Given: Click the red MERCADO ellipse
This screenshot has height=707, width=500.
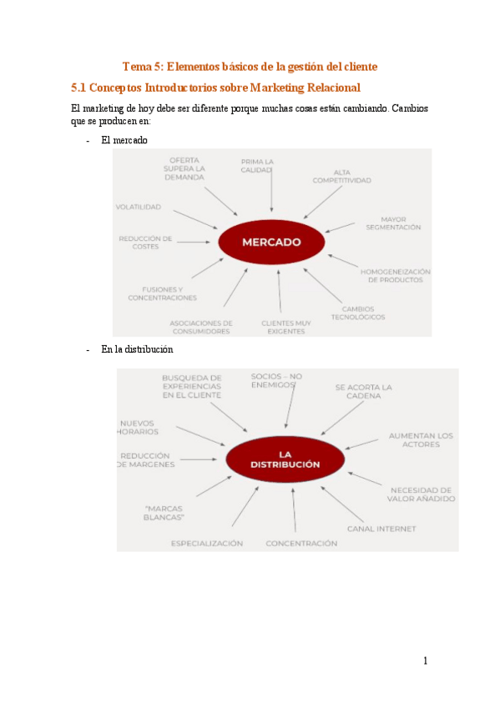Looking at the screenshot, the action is [x=271, y=243].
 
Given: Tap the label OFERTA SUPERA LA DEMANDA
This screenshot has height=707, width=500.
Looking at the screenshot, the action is [x=184, y=168].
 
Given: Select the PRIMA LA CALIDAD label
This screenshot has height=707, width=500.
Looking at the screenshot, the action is [x=258, y=165].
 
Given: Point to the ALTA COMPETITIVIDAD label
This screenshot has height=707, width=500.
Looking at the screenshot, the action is [x=341, y=176].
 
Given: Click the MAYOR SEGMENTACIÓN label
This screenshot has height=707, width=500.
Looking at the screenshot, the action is [x=392, y=223].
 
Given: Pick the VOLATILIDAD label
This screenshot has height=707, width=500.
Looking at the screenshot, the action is [x=139, y=207].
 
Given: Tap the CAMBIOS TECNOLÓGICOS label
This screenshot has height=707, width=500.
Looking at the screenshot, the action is [x=357, y=313].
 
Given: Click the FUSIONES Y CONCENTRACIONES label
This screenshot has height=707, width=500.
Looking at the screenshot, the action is [x=163, y=293].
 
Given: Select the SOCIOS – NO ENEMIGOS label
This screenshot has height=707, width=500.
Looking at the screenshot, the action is [x=276, y=381].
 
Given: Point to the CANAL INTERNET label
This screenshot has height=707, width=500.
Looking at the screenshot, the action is [x=381, y=529].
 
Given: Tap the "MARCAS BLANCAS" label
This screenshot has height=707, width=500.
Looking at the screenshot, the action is [x=164, y=513].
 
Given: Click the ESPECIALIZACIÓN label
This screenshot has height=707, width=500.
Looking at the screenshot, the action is [x=207, y=544].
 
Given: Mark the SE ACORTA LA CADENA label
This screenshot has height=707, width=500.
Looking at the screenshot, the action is [x=363, y=392].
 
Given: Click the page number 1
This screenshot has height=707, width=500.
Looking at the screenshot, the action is [x=425, y=661].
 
